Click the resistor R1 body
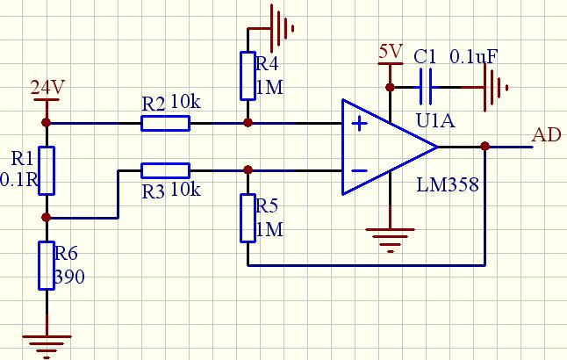[47, 170]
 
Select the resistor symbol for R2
[165, 123]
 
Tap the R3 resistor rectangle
[165, 169]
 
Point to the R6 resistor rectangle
[47, 265]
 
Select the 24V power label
[47, 88]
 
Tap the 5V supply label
[389, 52]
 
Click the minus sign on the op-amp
[359, 170]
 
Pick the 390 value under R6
[68, 277]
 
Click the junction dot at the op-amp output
[485, 146]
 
